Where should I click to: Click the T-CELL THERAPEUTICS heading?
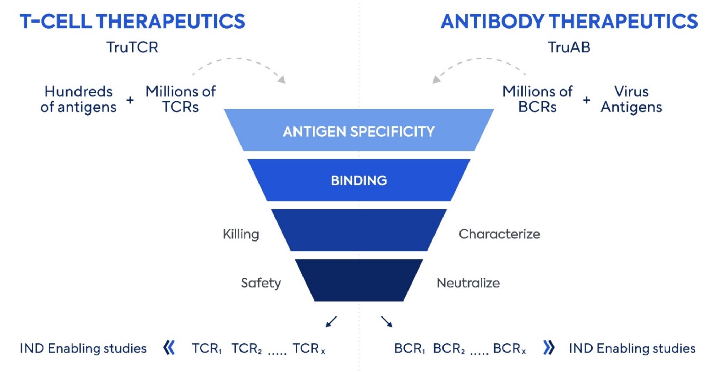click(132, 21)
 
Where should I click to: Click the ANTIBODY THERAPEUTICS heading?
click(569, 21)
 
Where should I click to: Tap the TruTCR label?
click(132, 47)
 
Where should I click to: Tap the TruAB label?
click(569, 47)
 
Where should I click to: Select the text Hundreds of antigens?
click(78, 99)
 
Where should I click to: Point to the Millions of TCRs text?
click(180, 99)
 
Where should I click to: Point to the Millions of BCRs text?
click(537, 99)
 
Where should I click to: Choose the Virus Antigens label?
click(631, 99)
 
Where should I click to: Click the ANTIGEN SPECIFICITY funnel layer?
click(359, 130)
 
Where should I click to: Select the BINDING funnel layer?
click(359, 180)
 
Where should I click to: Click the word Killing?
click(241, 234)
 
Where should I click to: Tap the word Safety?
click(261, 283)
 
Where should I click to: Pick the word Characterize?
click(499, 234)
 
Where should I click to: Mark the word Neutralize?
click(468, 283)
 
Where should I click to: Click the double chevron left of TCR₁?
click(169, 347)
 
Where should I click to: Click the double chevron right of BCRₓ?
click(549, 347)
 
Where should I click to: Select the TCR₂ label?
click(246, 348)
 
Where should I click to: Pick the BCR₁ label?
click(410, 348)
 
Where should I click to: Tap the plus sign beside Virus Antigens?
click(586, 100)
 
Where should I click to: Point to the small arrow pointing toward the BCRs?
click(386, 321)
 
